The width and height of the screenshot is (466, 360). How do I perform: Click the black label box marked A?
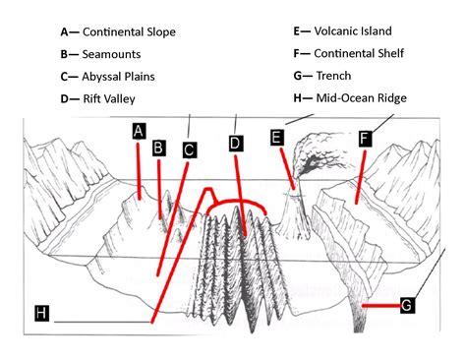point(140,131)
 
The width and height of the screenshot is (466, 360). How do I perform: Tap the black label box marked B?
point(158,148)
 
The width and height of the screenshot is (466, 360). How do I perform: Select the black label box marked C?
point(189,150)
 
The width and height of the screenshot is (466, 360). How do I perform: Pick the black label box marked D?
point(235,144)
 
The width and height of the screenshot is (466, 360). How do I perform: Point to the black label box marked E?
point(277,138)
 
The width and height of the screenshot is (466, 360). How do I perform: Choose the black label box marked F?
point(365,139)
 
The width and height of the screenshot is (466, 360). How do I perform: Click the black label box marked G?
point(407,305)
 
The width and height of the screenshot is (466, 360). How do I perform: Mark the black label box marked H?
point(41,313)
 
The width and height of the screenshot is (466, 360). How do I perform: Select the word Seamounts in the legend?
point(111,54)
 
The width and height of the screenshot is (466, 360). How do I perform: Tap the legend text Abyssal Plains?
point(119,76)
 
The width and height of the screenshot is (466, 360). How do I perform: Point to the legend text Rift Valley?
point(109,98)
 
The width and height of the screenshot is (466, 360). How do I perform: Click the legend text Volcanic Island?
point(354,31)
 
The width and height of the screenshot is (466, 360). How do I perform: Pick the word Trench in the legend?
point(335,76)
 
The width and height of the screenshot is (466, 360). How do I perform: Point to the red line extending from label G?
point(379,306)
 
